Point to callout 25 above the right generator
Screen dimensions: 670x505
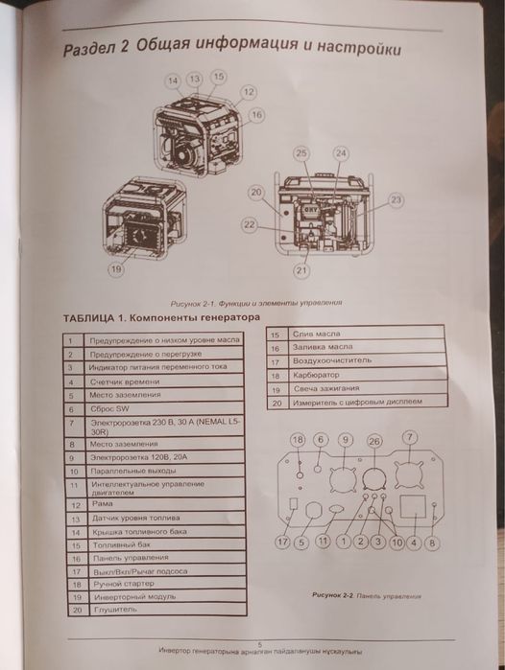pos(301,153)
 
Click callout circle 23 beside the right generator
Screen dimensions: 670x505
pos(396,200)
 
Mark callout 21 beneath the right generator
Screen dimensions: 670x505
pos(301,271)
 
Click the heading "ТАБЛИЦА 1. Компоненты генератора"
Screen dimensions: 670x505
pos(161,317)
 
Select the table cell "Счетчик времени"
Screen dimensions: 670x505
pos(124,381)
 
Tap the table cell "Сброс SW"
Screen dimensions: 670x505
pos(110,407)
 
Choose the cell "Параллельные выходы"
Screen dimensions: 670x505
pos(132,473)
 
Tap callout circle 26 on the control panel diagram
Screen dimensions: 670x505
pos(373,440)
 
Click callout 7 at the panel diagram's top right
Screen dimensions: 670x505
pos(410,437)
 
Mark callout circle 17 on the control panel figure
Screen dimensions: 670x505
pos(282,543)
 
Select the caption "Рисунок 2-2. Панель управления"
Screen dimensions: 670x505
pos(366,594)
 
